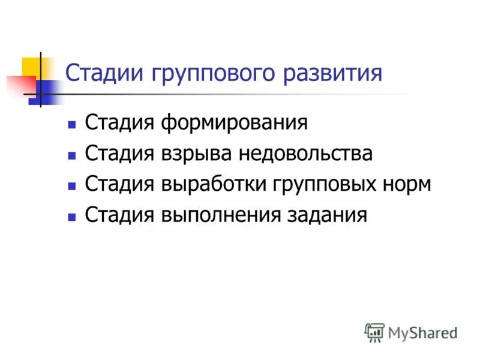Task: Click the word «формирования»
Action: tap(235, 124)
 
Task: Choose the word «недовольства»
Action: tap(306, 154)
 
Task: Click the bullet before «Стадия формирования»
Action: tap(72, 125)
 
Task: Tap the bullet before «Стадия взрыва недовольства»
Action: tap(72, 155)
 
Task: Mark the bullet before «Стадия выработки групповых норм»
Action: tap(72, 185)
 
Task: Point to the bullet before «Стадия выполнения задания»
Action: tap(72, 215)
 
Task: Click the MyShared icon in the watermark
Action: tap(374, 332)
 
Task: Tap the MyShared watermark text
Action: tap(422, 332)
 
